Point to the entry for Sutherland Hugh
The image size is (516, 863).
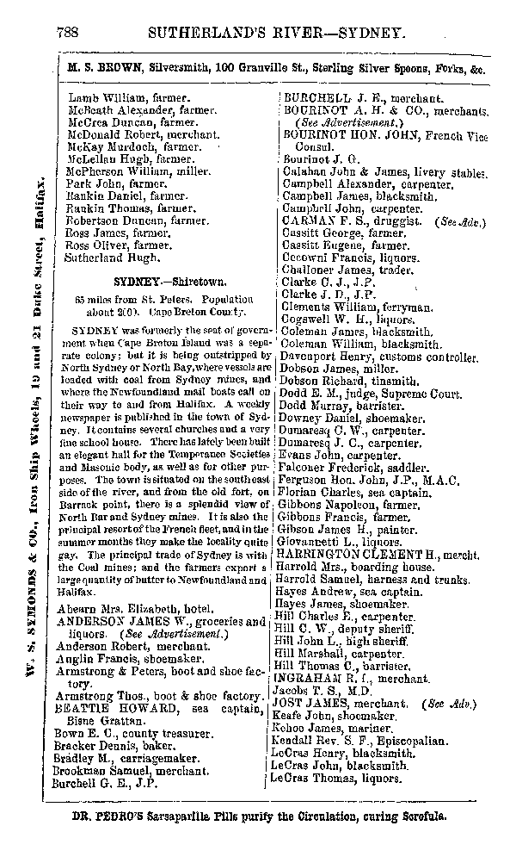[x=106, y=258]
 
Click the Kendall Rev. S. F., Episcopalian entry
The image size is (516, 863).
[x=365, y=740]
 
